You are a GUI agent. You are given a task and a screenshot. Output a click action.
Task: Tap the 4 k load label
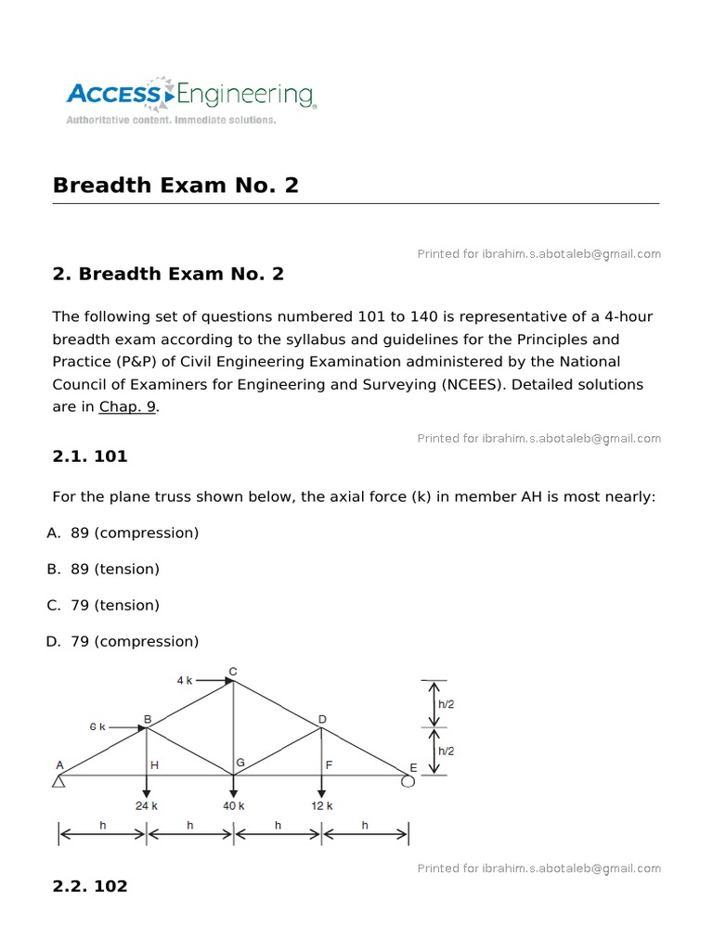(185, 680)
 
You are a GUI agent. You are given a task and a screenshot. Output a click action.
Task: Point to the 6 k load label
(97, 726)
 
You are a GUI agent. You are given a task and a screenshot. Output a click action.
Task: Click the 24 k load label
(147, 806)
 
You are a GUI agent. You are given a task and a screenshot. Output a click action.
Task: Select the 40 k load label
(233, 806)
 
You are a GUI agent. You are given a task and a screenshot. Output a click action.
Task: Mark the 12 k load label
(321, 806)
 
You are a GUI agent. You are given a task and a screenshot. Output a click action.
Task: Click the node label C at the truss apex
(232, 671)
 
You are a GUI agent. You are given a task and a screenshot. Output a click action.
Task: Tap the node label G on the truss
(240, 763)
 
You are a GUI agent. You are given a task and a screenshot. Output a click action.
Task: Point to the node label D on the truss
(322, 719)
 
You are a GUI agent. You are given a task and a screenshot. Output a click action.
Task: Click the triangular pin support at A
(58, 782)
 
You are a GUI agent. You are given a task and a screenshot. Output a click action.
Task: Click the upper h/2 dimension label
(446, 704)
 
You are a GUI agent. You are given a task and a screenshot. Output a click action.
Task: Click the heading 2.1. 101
(90, 456)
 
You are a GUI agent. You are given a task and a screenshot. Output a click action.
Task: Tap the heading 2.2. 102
(90, 886)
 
